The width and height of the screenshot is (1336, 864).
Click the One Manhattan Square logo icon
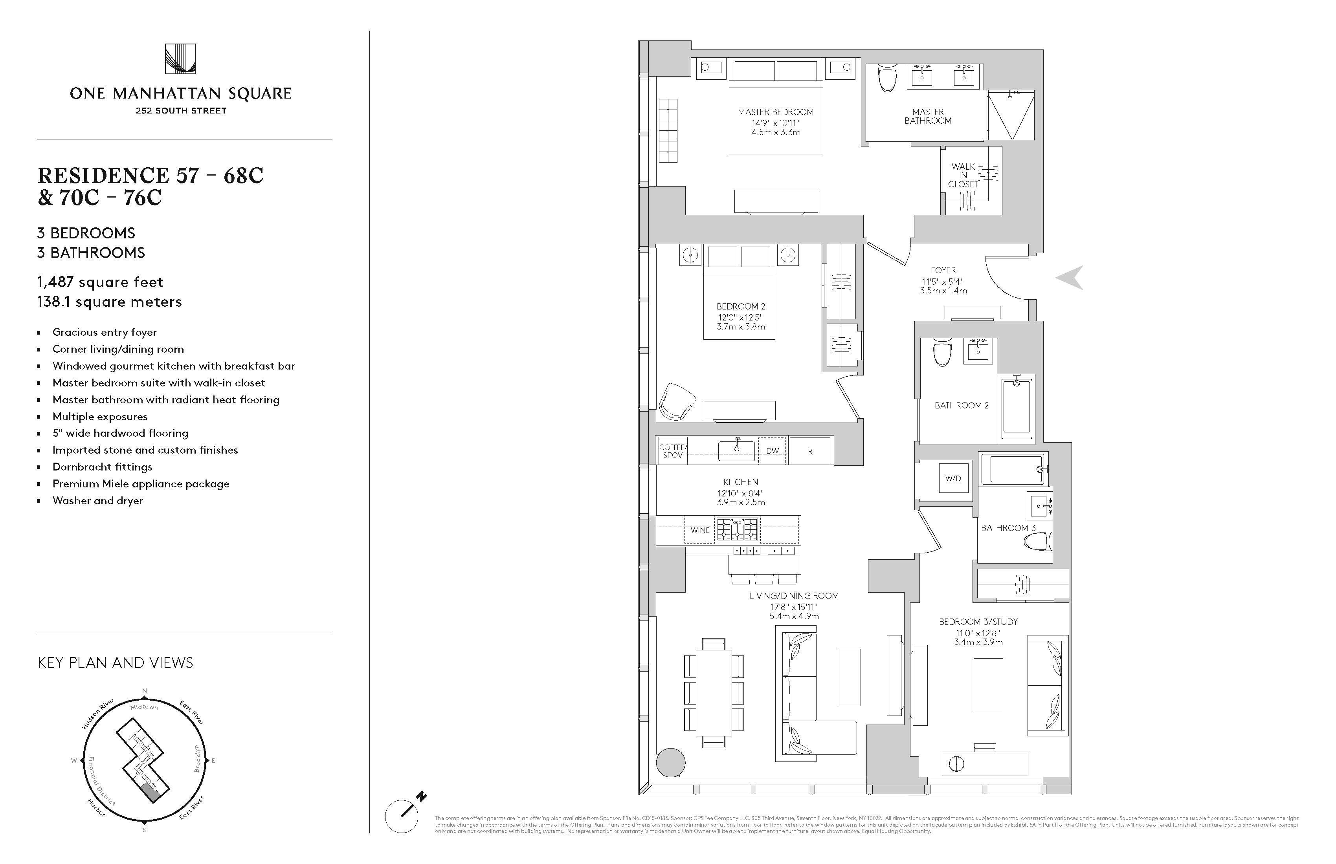(180, 59)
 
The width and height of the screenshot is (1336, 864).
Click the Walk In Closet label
(963, 175)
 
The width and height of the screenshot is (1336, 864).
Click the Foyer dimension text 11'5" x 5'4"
(943, 282)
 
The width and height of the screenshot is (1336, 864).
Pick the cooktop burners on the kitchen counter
(737, 529)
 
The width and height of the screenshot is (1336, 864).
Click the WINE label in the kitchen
(699, 530)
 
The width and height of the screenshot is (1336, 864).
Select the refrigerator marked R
(809, 451)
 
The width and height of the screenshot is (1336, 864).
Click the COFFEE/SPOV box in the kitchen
(672, 451)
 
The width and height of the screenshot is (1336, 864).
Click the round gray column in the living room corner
(671, 762)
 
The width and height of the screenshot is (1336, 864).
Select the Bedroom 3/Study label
(978, 622)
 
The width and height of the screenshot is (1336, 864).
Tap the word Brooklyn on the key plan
(197, 758)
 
